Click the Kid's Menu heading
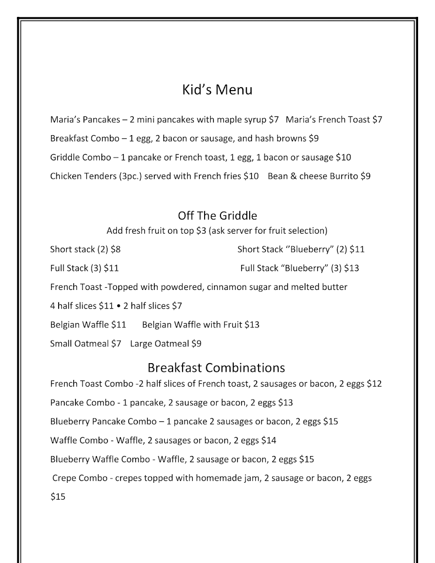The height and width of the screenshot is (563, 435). [x=217, y=90]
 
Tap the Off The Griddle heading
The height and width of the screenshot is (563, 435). [x=217, y=216]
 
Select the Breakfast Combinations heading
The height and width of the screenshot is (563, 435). [x=216, y=367]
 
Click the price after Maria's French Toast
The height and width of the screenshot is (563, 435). [x=377, y=120]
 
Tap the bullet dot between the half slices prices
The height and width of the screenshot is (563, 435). [x=119, y=306]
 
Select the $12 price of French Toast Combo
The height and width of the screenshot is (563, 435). [x=374, y=384]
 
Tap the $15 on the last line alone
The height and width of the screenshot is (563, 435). [x=58, y=497]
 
